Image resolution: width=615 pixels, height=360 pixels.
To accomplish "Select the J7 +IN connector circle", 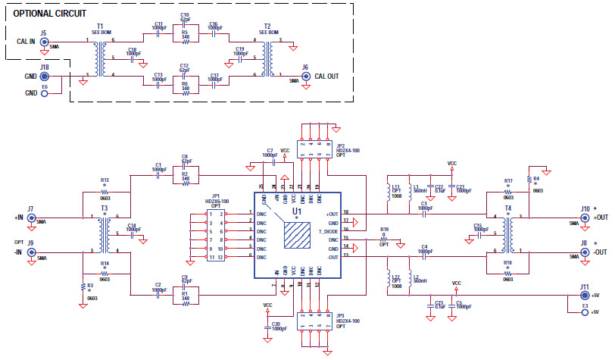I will pyautogui.click(x=31, y=218).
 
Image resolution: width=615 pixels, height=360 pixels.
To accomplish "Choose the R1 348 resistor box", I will pyautogui.click(x=185, y=299).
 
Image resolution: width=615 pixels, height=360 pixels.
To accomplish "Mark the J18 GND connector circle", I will pyautogui.click(x=43, y=77).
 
